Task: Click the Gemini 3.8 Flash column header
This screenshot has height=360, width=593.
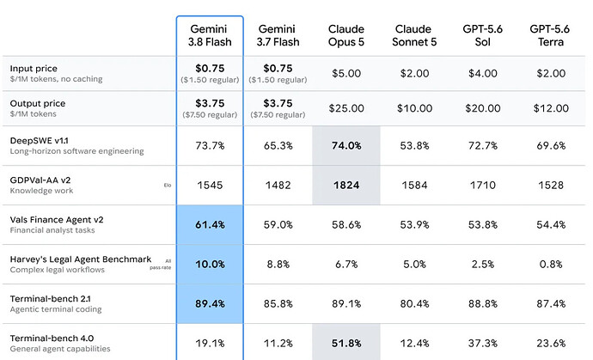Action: pyautogui.click(x=210, y=35)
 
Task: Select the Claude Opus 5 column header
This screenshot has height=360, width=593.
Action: pyautogui.click(x=346, y=35)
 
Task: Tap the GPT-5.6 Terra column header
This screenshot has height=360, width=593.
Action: pyautogui.click(x=550, y=35)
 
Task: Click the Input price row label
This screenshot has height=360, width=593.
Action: pyautogui.click(x=34, y=69)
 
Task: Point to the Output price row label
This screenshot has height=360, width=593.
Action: pyautogui.click(x=38, y=103)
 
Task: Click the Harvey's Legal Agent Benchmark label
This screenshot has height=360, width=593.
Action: pyautogui.click(x=81, y=259)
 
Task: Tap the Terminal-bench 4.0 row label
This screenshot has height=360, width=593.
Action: pyautogui.click(x=52, y=338)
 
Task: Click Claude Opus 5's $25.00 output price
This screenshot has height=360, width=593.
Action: pyautogui.click(x=346, y=108)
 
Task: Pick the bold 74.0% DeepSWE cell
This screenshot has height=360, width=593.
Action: pyautogui.click(x=346, y=145)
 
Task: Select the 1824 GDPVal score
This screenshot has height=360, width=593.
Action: pyautogui.click(x=346, y=185)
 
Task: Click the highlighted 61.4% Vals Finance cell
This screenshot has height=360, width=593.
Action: pyautogui.click(x=210, y=224)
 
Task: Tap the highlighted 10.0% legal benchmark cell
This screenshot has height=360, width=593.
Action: pyautogui.click(x=210, y=264)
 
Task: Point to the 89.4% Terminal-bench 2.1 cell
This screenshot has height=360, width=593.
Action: pyautogui.click(x=210, y=303)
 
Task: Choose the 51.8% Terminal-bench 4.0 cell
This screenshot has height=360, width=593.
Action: pyautogui.click(x=346, y=343)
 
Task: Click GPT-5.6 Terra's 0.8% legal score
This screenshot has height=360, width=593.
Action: pyautogui.click(x=551, y=264)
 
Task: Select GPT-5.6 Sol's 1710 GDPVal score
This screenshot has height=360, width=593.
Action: pyautogui.click(x=483, y=185)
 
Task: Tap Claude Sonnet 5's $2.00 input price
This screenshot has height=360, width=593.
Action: pyautogui.click(x=414, y=73)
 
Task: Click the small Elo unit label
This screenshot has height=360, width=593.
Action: pyautogui.click(x=168, y=186)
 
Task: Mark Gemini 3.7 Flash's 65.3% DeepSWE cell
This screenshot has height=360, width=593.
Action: pyautogui.click(x=278, y=145)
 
